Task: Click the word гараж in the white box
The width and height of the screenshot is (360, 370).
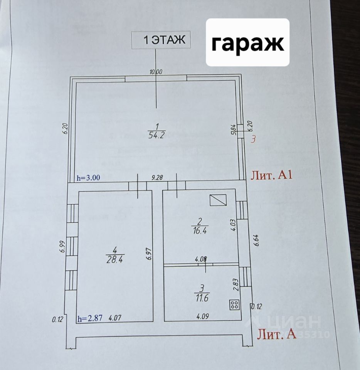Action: (x=247, y=44)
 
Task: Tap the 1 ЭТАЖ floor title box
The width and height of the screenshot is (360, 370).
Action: (x=161, y=40)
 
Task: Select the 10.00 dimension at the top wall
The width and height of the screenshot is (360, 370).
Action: (x=156, y=71)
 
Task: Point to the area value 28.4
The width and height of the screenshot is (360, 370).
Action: (x=114, y=259)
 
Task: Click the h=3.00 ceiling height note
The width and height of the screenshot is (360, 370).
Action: (x=89, y=178)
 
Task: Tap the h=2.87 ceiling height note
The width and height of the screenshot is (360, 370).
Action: (x=89, y=319)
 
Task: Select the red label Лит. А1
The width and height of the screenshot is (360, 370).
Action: (x=272, y=175)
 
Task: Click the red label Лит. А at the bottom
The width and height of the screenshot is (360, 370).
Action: (x=276, y=334)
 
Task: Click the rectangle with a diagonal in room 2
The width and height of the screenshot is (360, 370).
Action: (x=218, y=200)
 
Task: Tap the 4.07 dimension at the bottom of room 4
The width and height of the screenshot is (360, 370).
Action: (x=115, y=319)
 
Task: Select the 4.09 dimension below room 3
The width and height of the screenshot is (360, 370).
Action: (x=204, y=317)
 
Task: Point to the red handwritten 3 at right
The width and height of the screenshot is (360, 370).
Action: (x=253, y=140)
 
